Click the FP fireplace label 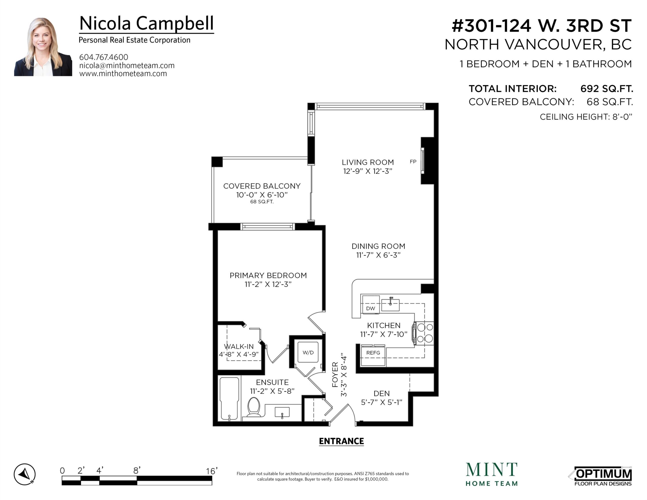coord(413,162)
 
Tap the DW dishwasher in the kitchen coord(370,304)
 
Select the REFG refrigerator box coord(373,355)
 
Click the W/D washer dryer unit coord(308,352)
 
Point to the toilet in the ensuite coord(253,407)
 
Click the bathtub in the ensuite coord(229,398)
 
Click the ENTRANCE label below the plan coord(341,441)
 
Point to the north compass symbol coord(25,474)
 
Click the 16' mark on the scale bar coord(212,471)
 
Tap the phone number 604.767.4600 coord(104,57)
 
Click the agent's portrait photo coord(43,47)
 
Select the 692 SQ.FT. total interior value coord(607,89)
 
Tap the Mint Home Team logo coord(492,474)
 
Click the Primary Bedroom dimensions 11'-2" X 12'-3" coord(268,284)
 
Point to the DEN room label coord(382,393)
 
